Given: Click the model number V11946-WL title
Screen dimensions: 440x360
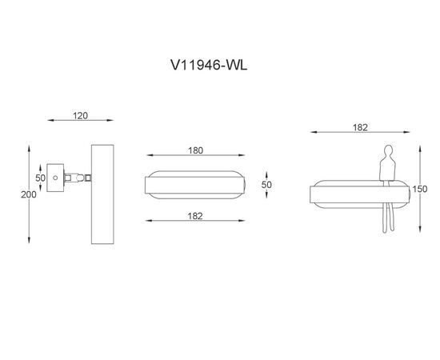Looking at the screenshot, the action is coord(209,65).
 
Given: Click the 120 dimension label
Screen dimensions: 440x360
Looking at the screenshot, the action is coord(80,116).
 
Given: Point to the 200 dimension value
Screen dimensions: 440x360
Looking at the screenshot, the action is coord(29,194).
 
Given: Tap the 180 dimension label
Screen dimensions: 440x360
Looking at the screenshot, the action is coord(195,150).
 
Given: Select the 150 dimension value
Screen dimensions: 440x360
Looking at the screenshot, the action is coord(420,189).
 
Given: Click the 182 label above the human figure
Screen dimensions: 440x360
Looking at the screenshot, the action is coord(360,128).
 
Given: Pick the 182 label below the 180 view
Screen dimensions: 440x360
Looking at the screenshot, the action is coord(195,216).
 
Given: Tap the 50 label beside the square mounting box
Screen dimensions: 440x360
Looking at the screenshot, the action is coord(41,178).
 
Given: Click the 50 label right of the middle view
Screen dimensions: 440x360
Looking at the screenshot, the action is coord(266,185).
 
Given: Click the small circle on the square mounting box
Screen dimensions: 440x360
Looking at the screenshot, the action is coord(55,178).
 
